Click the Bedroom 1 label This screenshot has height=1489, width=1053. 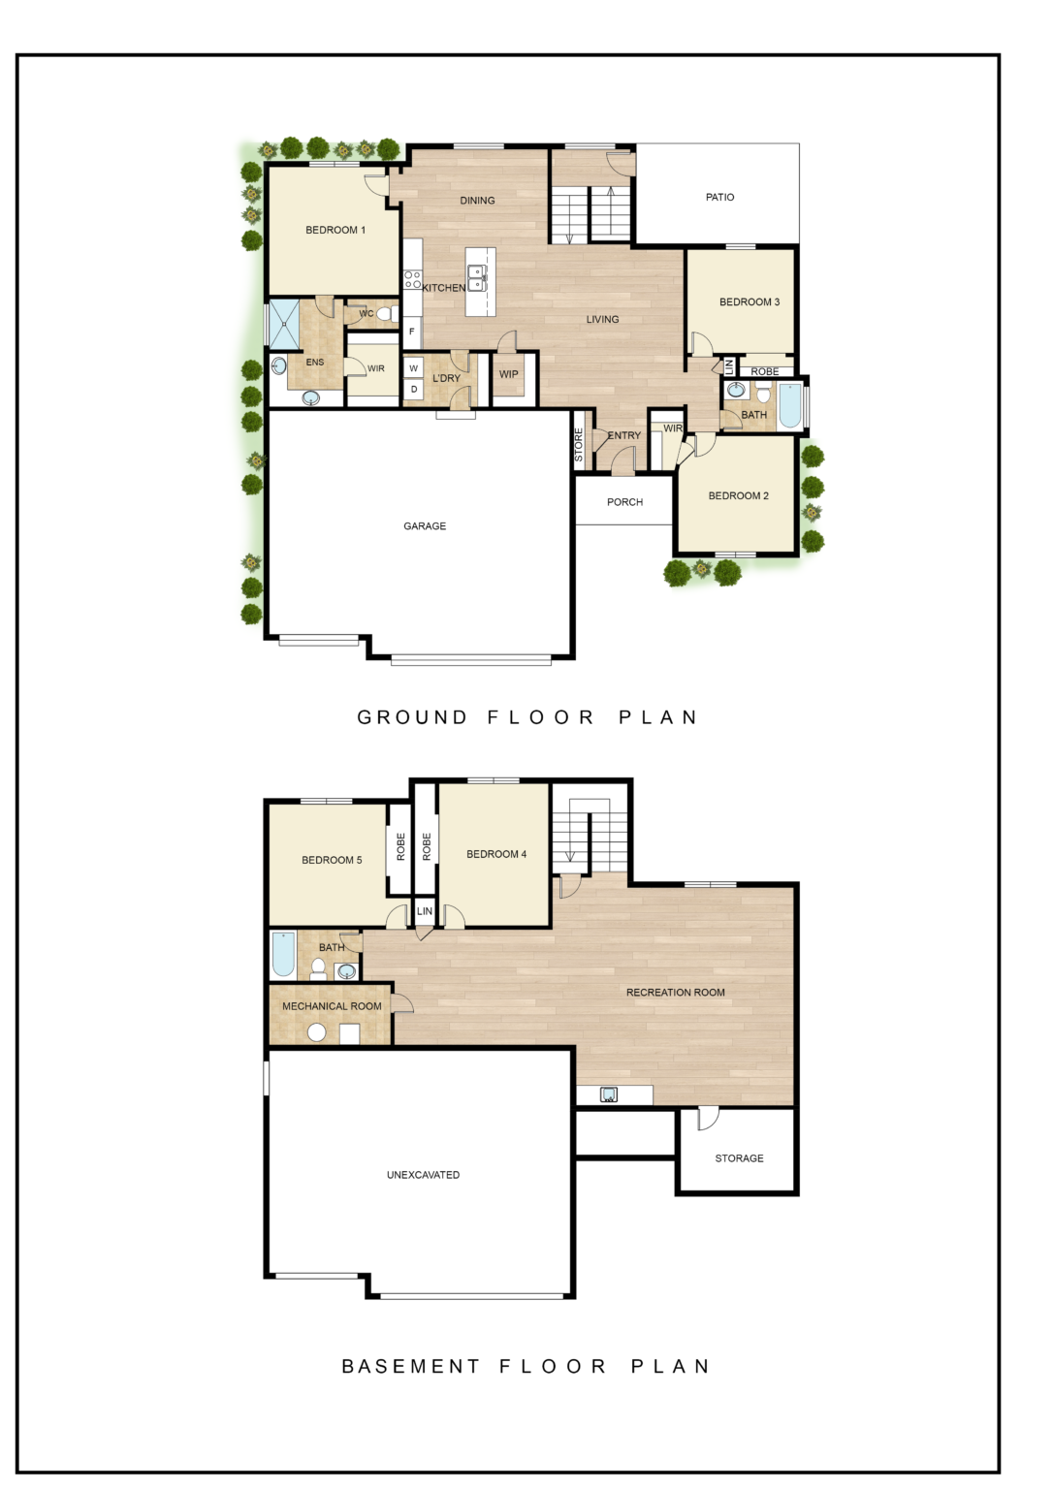coord(335,230)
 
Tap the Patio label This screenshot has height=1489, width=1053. coord(719,197)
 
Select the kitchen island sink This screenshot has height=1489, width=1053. coord(476,278)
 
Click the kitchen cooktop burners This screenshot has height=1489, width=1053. coord(413,280)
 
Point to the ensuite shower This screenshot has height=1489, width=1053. coord(284,324)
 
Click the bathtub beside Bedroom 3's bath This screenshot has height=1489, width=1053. coord(790,405)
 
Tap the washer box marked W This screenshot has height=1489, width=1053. coord(414,368)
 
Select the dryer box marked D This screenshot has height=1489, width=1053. coord(414,390)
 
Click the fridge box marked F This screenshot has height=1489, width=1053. coord(412,332)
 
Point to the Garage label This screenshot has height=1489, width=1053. coord(425,526)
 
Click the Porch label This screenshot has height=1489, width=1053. coord(624,502)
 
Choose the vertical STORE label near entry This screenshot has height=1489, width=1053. coord(579,444)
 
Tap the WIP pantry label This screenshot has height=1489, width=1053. coord(509,374)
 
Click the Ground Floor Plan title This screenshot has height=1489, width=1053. coord(527,717)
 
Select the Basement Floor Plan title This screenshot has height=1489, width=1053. coord(526,1366)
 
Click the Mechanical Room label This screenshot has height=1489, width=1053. coord(332,1006)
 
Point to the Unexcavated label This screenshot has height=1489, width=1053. coord(423,1175)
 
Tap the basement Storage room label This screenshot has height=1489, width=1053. coord(739,1158)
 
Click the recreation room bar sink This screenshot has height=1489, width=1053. coord(609,1095)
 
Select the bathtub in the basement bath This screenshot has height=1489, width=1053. coord(283,954)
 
